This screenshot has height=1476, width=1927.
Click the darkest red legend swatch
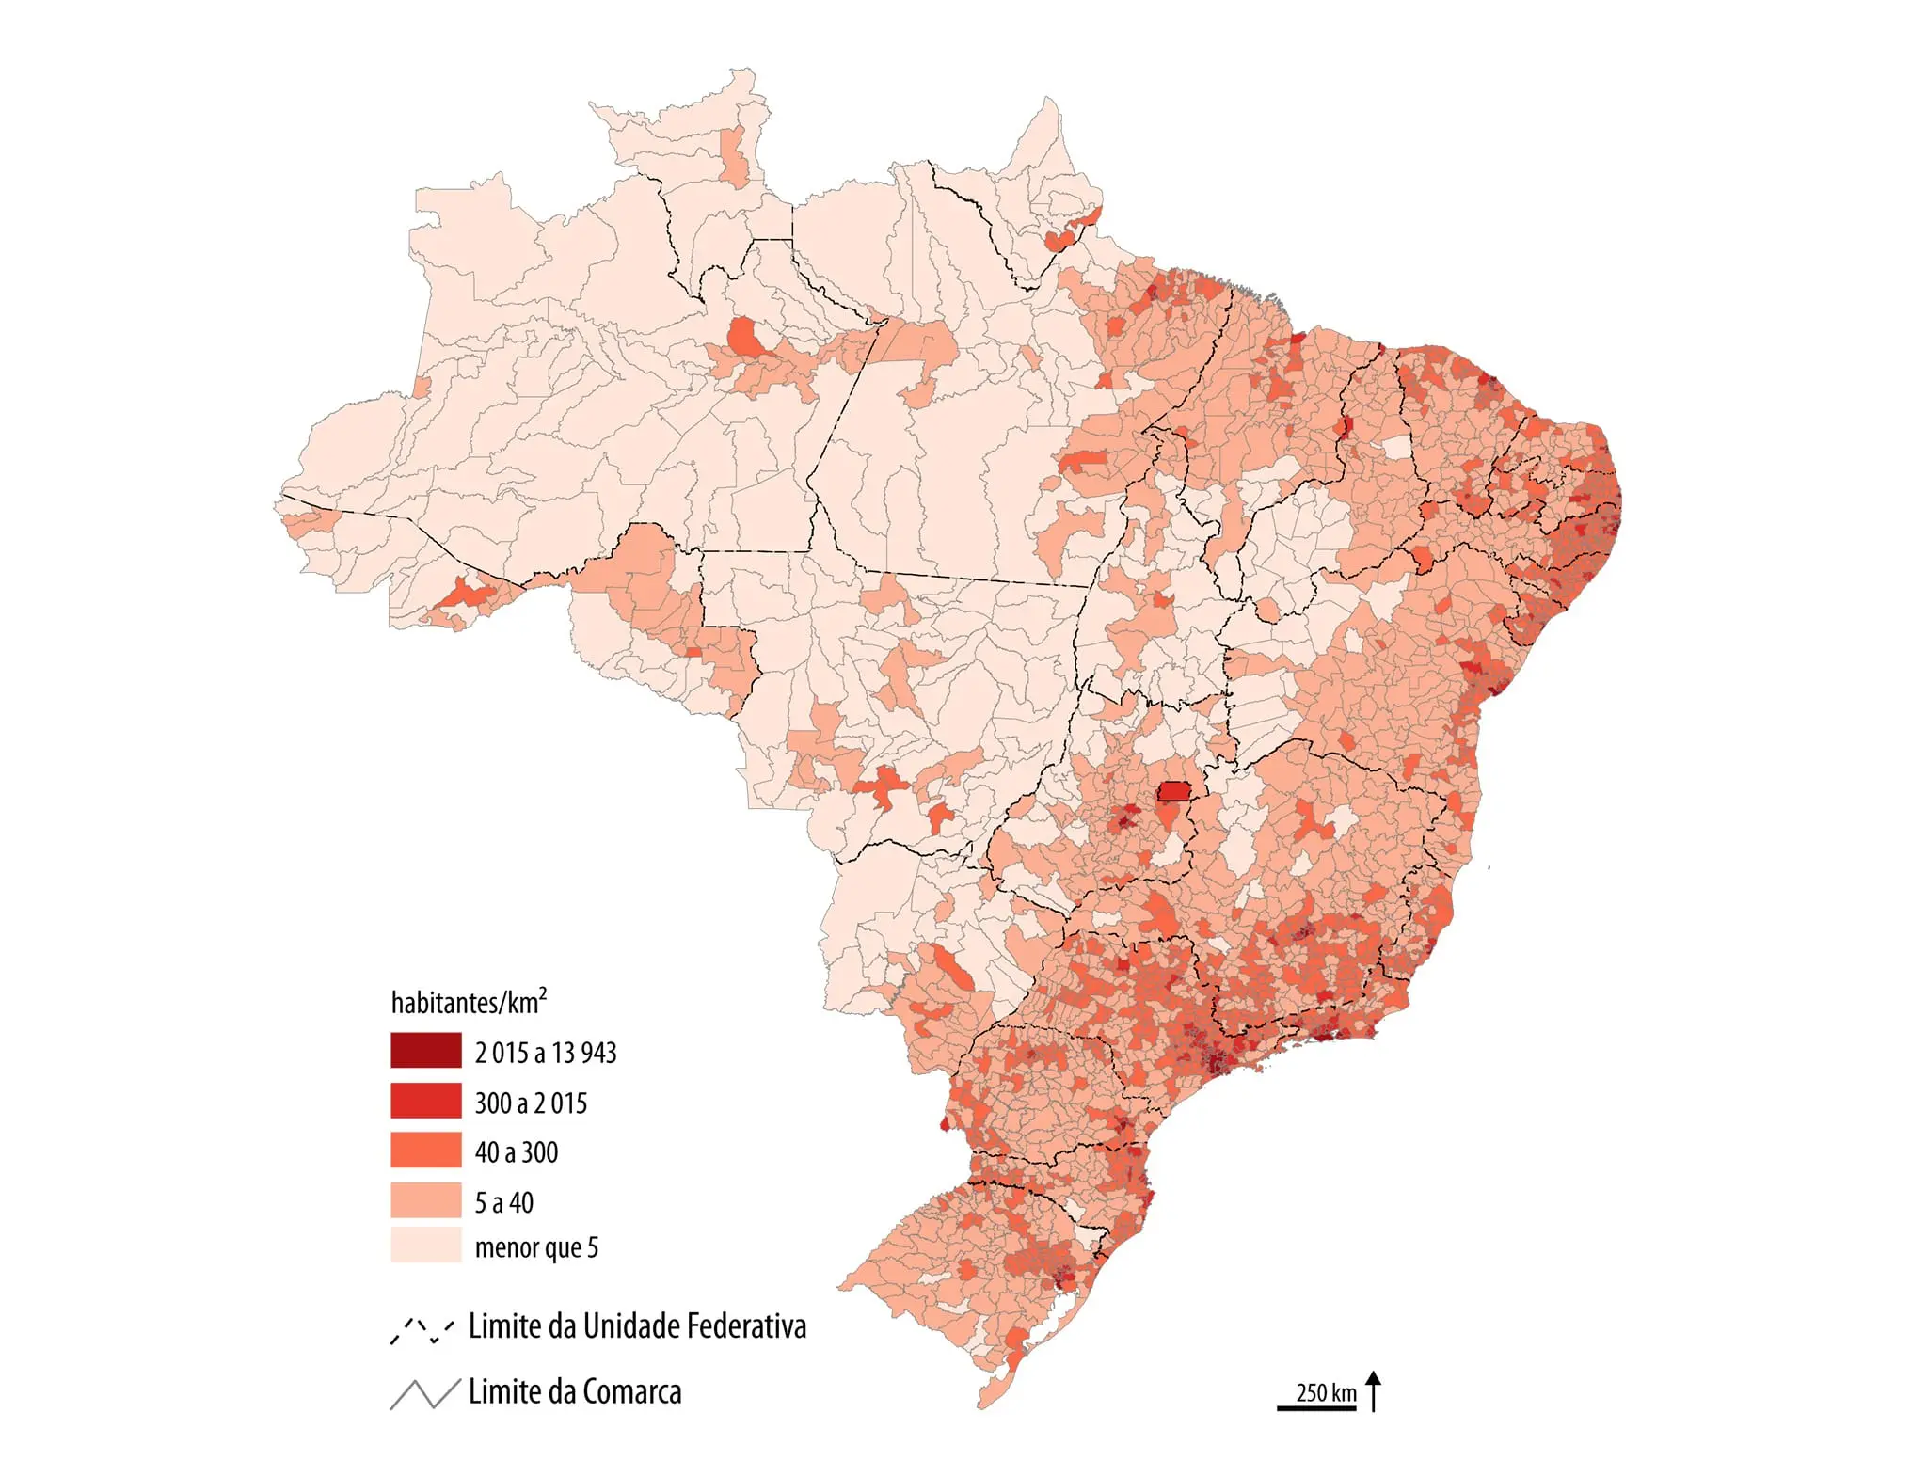[425, 1050]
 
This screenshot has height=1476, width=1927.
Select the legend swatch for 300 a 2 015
[425, 1100]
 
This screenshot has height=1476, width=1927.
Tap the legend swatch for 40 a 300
[425, 1150]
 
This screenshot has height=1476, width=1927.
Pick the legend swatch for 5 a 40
[425, 1199]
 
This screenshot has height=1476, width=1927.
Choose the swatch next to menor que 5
[425, 1245]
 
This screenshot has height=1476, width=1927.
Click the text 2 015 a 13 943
[545, 1053]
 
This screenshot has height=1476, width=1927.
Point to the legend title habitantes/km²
[468, 1002]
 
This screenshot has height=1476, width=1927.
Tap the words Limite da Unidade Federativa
[637, 1326]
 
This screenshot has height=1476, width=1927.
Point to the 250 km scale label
[1326, 1392]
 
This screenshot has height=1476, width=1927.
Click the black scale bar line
[1316, 1408]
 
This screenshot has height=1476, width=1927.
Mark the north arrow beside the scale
[1374, 1391]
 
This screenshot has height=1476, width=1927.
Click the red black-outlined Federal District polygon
[1173, 791]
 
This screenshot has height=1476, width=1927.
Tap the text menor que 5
[536, 1247]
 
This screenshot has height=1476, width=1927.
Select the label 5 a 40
[503, 1202]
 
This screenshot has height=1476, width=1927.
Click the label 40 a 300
[516, 1152]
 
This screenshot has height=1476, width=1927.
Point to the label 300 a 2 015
[531, 1103]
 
